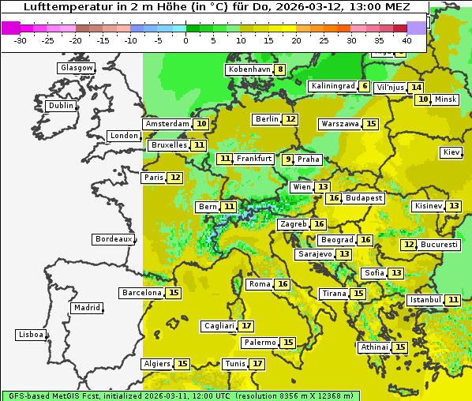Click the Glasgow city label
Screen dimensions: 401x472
click(76, 68)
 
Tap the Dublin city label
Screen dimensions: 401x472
click(60, 106)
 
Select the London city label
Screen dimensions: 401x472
click(124, 136)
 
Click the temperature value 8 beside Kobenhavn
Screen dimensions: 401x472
click(280, 69)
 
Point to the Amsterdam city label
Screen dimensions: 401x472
click(167, 124)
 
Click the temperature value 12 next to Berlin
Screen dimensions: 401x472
click(291, 119)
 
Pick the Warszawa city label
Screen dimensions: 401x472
click(340, 124)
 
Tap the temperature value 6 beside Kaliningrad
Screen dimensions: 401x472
click(364, 86)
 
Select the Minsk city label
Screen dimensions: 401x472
click(445, 99)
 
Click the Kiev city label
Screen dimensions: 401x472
click(451, 152)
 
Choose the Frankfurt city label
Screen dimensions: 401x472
click(254, 159)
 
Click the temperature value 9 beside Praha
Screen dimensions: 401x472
click(288, 159)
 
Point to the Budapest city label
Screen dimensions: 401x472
click(363, 198)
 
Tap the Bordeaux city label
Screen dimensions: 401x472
click(113, 239)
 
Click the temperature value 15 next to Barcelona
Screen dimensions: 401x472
click(174, 293)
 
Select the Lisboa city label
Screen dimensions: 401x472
click(30, 335)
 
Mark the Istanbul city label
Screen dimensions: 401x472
click(425, 300)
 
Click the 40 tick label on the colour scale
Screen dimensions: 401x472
click(406, 40)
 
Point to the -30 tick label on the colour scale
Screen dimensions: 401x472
click(20, 40)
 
